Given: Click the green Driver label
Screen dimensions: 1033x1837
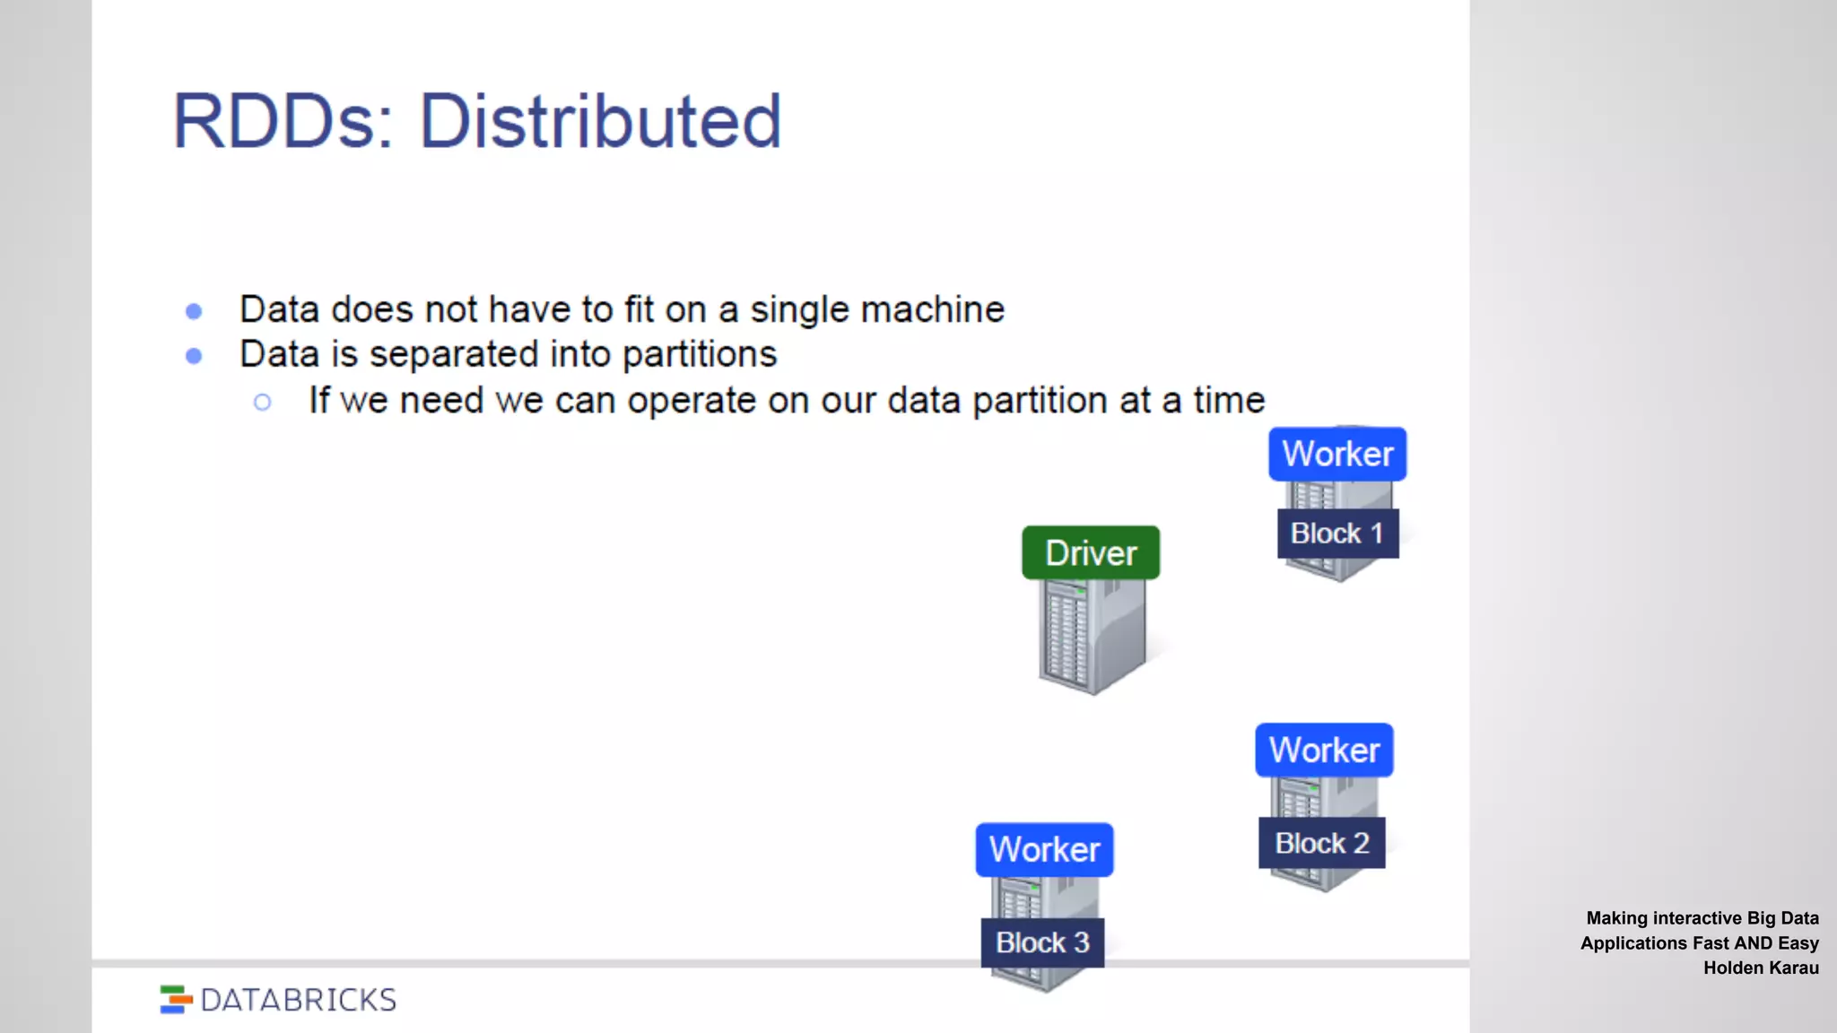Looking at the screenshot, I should click(x=1091, y=553).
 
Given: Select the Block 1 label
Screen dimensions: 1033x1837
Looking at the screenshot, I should click(x=1337, y=534).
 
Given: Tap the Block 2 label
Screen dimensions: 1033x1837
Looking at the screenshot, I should click(x=1322, y=843).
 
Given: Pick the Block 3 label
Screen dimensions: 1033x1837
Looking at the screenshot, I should click(x=1042, y=942).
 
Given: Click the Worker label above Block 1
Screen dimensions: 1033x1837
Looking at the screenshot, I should click(x=1337, y=454).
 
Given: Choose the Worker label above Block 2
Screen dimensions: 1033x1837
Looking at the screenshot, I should click(x=1324, y=750).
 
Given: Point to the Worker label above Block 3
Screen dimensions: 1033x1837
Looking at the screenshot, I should click(x=1044, y=849).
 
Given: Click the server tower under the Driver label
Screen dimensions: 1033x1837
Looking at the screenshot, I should click(x=1092, y=637).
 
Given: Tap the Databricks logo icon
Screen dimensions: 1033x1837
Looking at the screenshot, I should click(x=176, y=1000).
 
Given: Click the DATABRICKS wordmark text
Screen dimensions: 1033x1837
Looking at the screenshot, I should click(x=299, y=1000).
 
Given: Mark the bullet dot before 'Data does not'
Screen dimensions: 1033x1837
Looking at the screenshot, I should click(x=194, y=311).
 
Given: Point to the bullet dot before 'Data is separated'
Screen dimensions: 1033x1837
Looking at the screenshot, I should click(x=194, y=356).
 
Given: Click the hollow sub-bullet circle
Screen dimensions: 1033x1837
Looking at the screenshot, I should click(x=262, y=402).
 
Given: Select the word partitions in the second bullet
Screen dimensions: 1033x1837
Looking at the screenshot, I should click(x=700, y=355).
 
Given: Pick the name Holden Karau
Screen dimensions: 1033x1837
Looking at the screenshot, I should click(x=1761, y=968).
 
